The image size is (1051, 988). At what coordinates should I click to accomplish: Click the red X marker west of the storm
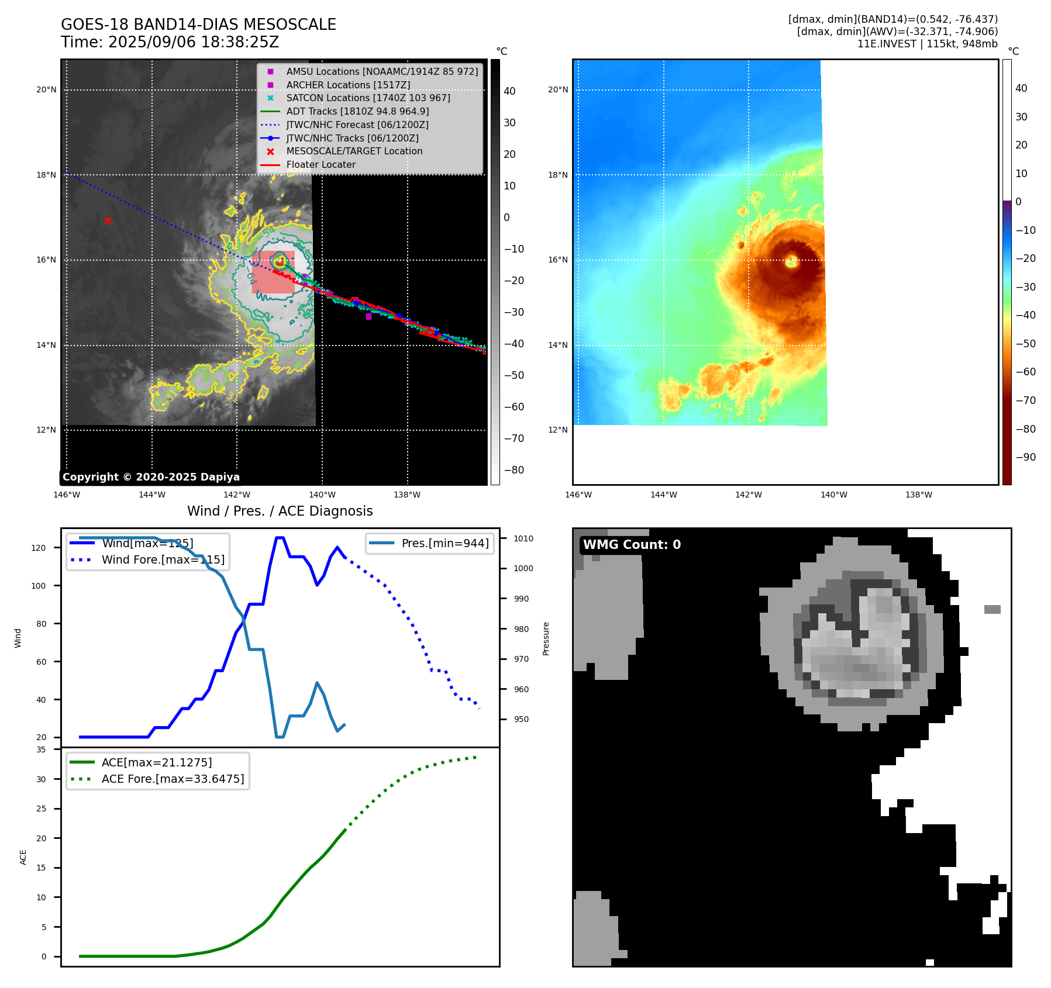pos(108,220)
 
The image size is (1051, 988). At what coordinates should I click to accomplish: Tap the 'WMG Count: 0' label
pos(632,545)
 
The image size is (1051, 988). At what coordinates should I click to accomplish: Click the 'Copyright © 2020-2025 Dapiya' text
pos(151,477)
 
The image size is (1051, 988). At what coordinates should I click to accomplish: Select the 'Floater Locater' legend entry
pos(321,165)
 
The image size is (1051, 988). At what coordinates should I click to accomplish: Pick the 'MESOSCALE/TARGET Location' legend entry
pos(354,151)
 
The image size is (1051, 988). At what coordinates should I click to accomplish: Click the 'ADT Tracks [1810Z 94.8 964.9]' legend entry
pos(357,111)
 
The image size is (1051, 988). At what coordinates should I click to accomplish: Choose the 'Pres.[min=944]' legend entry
pos(444,544)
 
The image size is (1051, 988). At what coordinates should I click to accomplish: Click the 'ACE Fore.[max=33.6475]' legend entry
pos(173,779)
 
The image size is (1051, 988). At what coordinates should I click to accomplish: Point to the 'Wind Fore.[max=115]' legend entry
pos(163,559)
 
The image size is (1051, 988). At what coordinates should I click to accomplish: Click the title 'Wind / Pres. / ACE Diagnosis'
pos(280,511)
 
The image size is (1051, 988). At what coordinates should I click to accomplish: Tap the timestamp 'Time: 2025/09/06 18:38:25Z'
pos(170,43)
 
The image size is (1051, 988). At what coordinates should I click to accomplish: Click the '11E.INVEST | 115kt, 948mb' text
pos(927,44)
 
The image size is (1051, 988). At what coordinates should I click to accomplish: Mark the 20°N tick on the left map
pos(46,90)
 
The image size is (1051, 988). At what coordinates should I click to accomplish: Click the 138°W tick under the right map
pos(919,495)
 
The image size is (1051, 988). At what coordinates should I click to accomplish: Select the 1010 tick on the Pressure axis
pos(523,538)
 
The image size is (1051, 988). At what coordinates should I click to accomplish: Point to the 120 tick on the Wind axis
pos(39,548)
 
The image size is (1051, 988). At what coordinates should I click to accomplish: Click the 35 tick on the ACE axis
pos(41,749)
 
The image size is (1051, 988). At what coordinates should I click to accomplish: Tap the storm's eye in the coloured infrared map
pos(792,261)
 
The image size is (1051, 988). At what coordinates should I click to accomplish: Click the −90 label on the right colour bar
pos(1025,457)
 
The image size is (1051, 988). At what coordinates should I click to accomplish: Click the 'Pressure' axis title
pos(546,638)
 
